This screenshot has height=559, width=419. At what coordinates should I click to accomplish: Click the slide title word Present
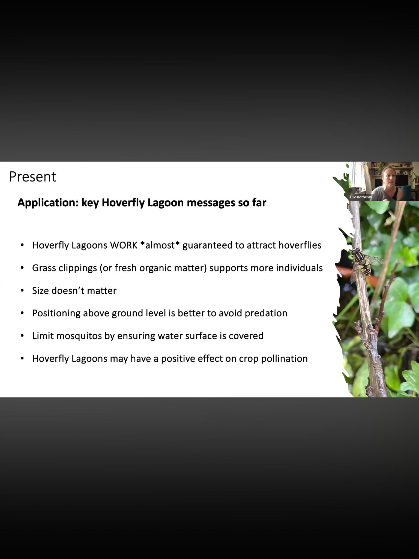pos(32,177)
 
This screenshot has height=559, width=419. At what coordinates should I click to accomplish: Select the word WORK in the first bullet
pos(124,245)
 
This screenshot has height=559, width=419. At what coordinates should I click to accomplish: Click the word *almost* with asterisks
pos(160,245)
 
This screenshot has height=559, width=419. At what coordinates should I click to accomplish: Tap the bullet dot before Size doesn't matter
pos(22,290)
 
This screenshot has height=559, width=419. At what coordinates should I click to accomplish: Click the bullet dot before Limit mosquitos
pos(22,336)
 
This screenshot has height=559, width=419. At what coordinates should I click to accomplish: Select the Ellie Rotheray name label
pos(361,197)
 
